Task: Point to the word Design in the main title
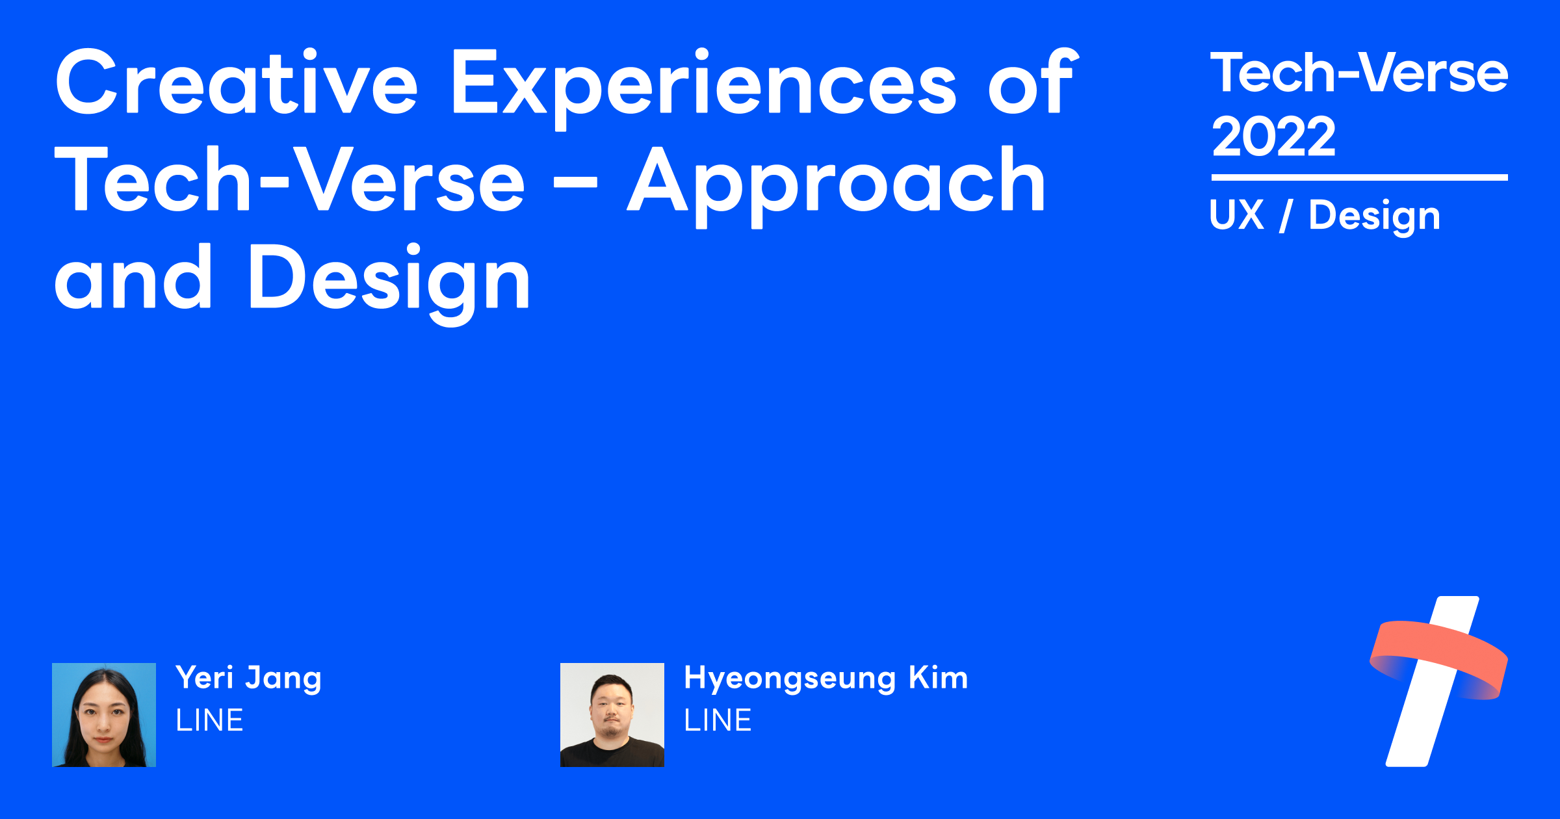[x=389, y=279]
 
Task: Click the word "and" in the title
[x=133, y=278]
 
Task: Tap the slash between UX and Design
[x=1286, y=216]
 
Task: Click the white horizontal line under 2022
[x=1359, y=177]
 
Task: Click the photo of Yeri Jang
[x=104, y=714]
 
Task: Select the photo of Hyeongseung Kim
[x=612, y=714]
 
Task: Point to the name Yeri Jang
[x=248, y=678]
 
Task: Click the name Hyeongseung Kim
[x=825, y=678]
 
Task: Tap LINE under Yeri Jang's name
[x=209, y=720]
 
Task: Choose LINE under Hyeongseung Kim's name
[x=718, y=720]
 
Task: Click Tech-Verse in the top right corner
[x=1358, y=73]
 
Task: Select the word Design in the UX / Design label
[x=1374, y=216]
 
